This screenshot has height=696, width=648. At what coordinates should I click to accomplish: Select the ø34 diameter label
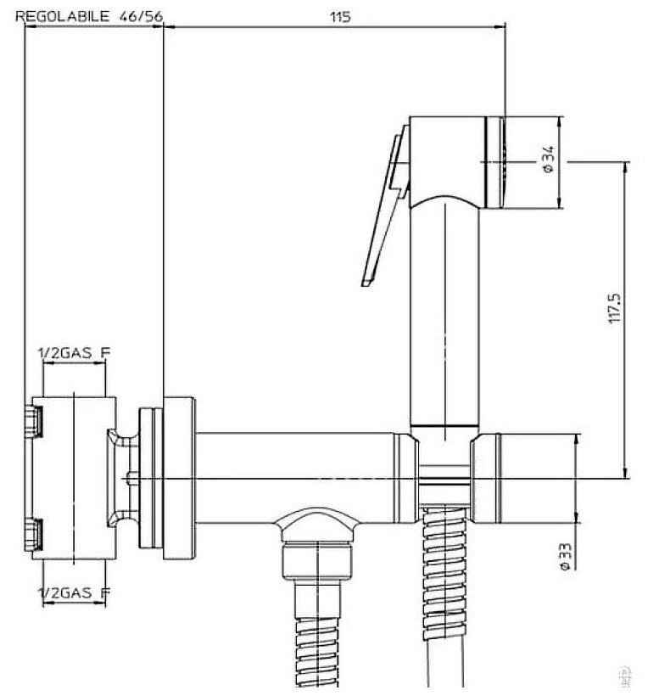point(549,160)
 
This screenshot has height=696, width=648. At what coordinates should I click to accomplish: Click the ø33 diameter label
point(563,554)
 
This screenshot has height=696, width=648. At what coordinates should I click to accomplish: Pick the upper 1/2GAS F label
point(74,351)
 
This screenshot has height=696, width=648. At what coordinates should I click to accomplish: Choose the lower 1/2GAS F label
point(75,591)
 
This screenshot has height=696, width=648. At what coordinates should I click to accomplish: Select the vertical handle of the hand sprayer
point(444,314)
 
